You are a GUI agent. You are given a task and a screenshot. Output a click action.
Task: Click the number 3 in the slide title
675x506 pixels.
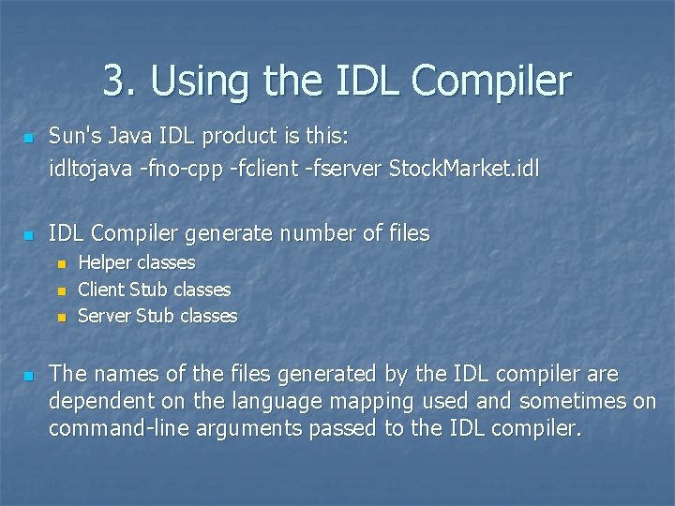tap(113, 82)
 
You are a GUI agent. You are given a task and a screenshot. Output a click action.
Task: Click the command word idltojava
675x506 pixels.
tap(88, 170)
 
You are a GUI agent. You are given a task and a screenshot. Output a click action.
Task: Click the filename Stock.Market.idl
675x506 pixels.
tap(464, 170)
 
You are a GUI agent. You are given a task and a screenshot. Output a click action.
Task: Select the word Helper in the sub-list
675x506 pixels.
tap(106, 263)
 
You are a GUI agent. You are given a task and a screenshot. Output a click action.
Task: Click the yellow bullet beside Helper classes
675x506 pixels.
tap(62, 264)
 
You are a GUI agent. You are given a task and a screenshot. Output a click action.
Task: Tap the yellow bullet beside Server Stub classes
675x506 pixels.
tap(62, 317)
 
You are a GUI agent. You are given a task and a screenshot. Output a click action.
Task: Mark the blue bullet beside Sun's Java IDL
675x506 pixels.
tap(28, 139)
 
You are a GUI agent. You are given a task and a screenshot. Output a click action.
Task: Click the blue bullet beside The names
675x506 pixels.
tap(28, 376)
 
